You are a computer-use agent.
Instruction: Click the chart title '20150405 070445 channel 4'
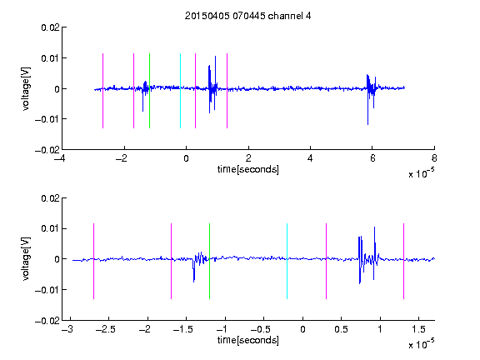pos(247,16)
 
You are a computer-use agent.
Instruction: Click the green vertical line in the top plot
pos(149,91)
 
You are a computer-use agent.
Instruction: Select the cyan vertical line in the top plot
pos(180,91)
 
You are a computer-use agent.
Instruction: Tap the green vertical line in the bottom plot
pos(209,261)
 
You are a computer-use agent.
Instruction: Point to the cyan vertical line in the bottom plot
pos(287,261)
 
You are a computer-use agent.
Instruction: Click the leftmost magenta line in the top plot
pos(102,91)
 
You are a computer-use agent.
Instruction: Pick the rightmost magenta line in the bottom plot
pos(403,261)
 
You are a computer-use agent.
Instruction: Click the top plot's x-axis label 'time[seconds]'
pos(248,169)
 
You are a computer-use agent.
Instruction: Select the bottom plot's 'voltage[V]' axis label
pos(26,259)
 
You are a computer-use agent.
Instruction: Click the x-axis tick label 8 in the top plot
pos(434,158)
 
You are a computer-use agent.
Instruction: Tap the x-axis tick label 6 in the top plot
pos(372,158)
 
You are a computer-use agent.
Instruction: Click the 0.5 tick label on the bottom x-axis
pos(342,329)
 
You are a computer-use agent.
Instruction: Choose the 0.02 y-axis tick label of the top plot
pos(50,27)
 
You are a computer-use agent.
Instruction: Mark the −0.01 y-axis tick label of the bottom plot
pos(47,290)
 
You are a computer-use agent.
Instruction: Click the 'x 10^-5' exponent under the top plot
pos(421,173)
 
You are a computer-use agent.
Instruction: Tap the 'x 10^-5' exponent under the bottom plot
pos(421,344)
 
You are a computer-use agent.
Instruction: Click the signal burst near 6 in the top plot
pos(371,89)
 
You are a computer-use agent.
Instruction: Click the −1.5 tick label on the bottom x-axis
pos(182,329)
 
